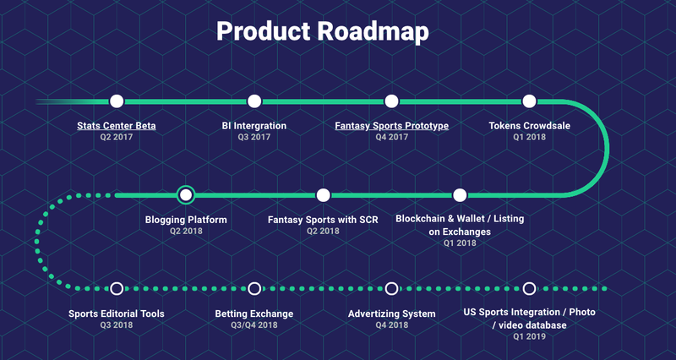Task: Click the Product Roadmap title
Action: (x=323, y=31)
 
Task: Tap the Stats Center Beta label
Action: (x=117, y=126)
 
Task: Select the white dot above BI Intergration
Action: (x=254, y=101)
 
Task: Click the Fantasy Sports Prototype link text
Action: (x=391, y=126)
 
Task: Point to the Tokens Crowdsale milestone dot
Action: (x=529, y=101)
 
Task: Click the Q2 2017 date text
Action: (x=117, y=137)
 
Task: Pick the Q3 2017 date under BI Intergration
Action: (x=254, y=137)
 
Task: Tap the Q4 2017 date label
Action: (x=391, y=137)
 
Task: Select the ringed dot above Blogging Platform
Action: (x=186, y=195)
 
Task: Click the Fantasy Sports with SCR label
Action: (x=323, y=220)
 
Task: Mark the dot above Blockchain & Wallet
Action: (x=460, y=195)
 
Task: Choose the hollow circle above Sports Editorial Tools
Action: (x=117, y=288)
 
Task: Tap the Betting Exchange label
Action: (x=254, y=314)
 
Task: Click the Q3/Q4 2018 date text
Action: (x=254, y=325)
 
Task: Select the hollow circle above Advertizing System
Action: (x=391, y=288)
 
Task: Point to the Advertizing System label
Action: (x=391, y=314)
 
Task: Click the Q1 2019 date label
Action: (x=529, y=336)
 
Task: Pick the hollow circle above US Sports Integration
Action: (x=529, y=288)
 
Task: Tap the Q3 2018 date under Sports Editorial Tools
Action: (x=117, y=325)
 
